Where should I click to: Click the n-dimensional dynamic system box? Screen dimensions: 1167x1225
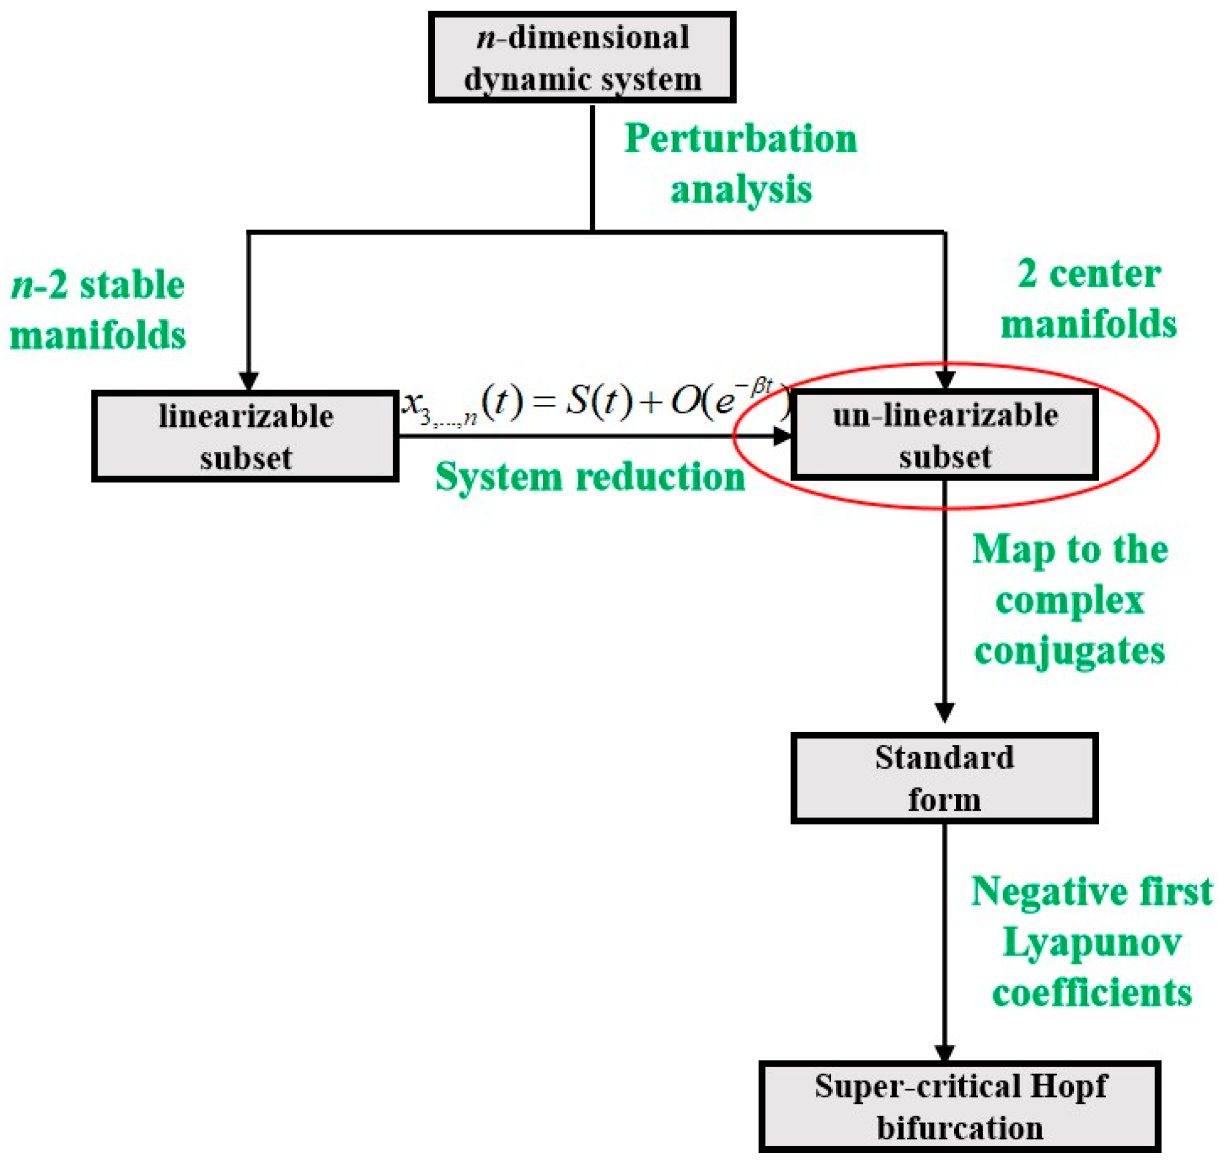(x=581, y=58)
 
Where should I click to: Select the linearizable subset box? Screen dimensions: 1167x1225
(x=245, y=436)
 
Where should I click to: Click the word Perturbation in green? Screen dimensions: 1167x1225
(x=740, y=139)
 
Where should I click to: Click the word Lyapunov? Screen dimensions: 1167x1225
(x=1092, y=943)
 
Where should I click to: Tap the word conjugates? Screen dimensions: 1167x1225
(x=1069, y=651)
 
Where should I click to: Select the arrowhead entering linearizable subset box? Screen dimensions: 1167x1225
(x=248, y=381)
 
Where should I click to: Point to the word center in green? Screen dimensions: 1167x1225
(x=1105, y=275)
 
